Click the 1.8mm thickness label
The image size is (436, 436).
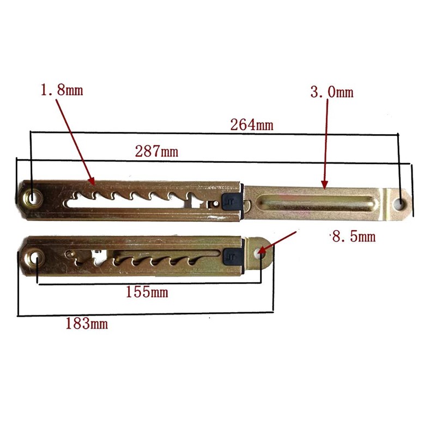[x=62, y=90]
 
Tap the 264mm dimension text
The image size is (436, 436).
[x=251, y=124]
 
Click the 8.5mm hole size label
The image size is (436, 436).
[x=354, y=237]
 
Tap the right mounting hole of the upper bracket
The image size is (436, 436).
[x=401, y=204]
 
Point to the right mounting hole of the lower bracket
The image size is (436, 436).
[x=261, y=251]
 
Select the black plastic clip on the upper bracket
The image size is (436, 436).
[x=232, y=199]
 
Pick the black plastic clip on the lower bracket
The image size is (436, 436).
[x=233, y=255]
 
